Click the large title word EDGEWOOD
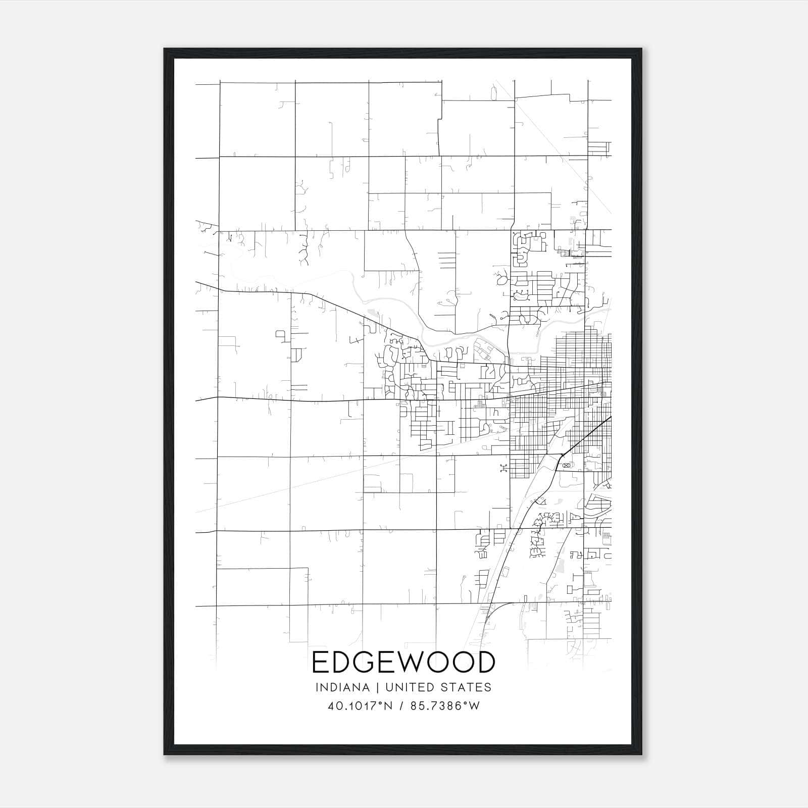[403, 663]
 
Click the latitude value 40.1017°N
[360, 706]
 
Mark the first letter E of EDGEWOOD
[320, 663]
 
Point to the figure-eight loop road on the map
[566, 465]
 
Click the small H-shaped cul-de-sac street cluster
[503, 469]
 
